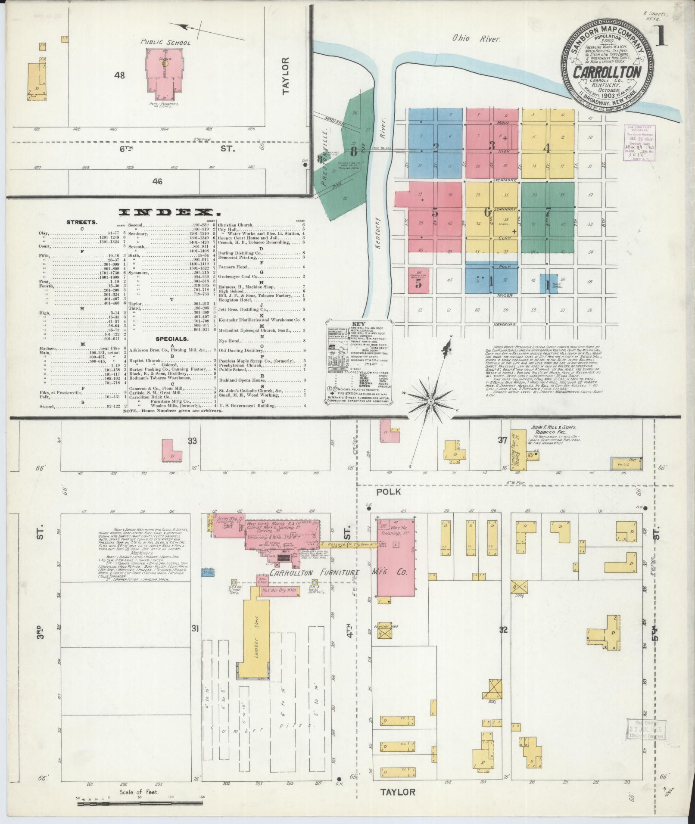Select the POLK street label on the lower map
[x=388, y=491]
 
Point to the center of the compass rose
[x=430, y=401]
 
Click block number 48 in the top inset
[x=119, y=75]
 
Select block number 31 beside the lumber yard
[x=195, y=628]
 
